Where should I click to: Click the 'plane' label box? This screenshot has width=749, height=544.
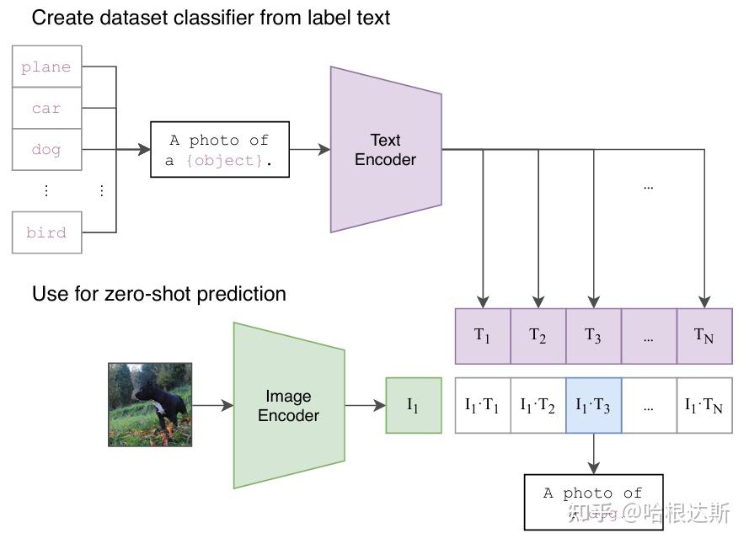pos(46,67)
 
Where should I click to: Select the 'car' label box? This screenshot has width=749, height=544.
pos(46,109)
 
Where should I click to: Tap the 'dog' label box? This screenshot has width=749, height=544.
pos(46,150)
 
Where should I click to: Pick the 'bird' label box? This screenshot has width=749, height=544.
pos(46,232)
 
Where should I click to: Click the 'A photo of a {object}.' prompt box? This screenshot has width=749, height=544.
pos(219,150)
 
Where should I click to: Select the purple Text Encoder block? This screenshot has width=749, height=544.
pos(385,150)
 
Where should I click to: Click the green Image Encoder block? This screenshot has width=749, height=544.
pos(288,405)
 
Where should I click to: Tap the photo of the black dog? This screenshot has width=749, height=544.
pos(150,404)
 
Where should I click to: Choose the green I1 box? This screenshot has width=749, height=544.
pos(413,405)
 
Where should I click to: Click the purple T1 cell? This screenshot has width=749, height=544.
pos(482,335)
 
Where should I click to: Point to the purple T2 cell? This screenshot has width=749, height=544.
pos(538,335)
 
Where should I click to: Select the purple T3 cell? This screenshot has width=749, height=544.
pos(593,335)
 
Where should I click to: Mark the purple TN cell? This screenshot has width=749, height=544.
pos(704,335)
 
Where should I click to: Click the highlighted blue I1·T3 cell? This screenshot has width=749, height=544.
pos(593,405)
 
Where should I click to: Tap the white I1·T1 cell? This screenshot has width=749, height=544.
pos(482,405)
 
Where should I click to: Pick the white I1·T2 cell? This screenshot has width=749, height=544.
pos(538,405)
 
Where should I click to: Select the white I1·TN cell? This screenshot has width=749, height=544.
pos(704,405)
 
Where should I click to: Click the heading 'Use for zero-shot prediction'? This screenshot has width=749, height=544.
pos(158,294)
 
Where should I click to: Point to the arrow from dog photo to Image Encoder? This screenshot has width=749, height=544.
pos(212,405)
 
